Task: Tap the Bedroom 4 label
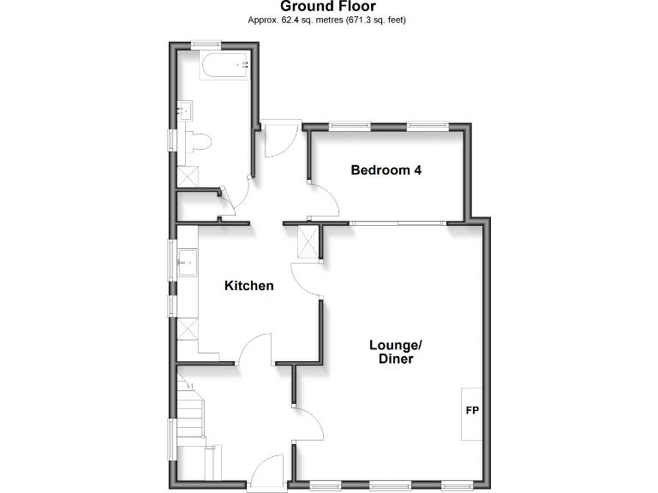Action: pyautogui.click(x=386, y=170)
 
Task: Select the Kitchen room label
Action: pyautogui.click(x=249, y=286)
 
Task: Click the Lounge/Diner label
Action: pyautogui.click(x=396, y=352)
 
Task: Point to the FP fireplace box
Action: pyautogui.click(x=472, y=412)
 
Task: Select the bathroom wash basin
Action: pyautogui.click(x=184, y=110)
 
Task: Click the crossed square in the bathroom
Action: pyautogui.click(x=188, y=175)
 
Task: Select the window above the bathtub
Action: pyautogui.click(x=206, y=44)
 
